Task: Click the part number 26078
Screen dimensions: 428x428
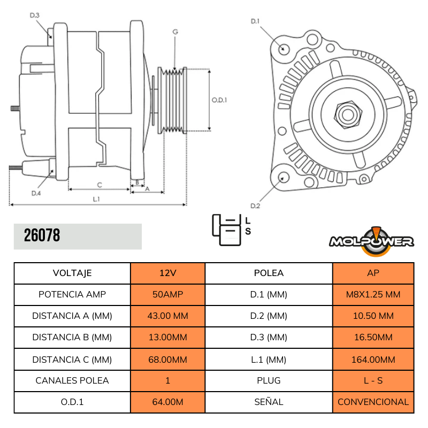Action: click(x=42, y=235)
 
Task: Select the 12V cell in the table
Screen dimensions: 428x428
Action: click(x=167, y=273)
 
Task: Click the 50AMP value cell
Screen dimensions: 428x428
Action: click(x=167, y=294)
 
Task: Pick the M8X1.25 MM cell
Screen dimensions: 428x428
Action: click(x=373, y=294)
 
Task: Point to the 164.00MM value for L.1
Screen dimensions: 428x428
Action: click(x=373, y=359)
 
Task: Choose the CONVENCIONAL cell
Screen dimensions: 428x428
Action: click(x=373, y=402)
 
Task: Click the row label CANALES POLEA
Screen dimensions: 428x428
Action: click(x=72, y=380)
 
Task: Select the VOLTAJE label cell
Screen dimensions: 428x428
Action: click(x=72, y=273)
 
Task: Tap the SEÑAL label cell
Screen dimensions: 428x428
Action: click(x=269, y=402)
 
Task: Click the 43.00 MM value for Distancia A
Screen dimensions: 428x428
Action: click(x=167, y=316)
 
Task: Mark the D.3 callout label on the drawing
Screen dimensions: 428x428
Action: click(x=34, y=15)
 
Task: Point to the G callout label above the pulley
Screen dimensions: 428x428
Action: click(x=175, y=32)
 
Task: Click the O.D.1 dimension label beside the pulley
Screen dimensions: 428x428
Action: click(x=219, y=100)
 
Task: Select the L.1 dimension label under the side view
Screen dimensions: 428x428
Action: click(x=96, y=199)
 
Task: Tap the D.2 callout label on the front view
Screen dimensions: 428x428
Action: click(x=255, y=206)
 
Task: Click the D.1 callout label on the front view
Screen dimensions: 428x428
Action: click(x=255, y=21)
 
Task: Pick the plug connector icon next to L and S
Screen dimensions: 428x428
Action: click(x=226, y=229)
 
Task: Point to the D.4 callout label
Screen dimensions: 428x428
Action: click(x=36, y=193)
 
